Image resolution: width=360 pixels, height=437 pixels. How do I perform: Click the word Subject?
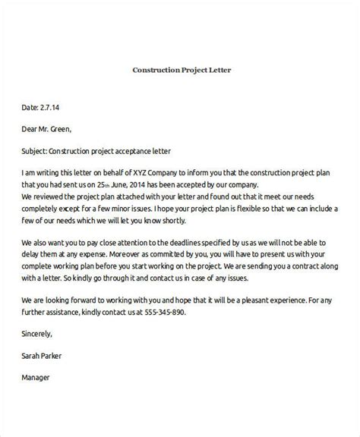[x=38, y=151]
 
